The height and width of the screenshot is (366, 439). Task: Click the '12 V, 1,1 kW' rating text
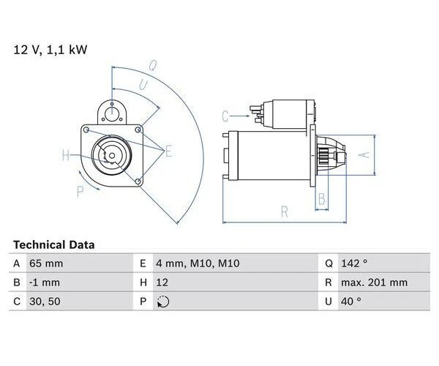pos(49,50)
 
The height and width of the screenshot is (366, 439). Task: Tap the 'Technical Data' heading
pos(53,244)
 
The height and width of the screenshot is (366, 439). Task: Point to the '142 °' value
pos(354,264)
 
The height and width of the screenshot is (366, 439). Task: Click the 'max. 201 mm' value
pos(374,283)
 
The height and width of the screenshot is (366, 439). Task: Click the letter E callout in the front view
pos(168,152)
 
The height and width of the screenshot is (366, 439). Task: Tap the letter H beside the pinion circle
pos(65,155)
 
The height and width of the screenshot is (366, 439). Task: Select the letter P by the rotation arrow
pos(79,192)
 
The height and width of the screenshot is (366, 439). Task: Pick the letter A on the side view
pos(360,155)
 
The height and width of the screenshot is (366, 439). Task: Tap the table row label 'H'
pos(140,283)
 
